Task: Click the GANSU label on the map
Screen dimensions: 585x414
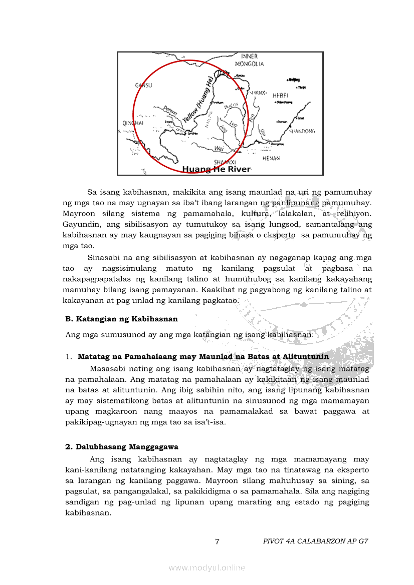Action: click(143, 86)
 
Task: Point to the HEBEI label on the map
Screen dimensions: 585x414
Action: click(280, 95)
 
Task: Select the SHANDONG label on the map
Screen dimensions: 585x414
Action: click(303, 131)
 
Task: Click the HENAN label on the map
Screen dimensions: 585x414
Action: click(271, 158)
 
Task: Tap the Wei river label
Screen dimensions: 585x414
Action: click(219, 149)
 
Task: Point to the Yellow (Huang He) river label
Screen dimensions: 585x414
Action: click(197, 100)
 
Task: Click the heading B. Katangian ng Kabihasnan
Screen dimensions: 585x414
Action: click(121, 319)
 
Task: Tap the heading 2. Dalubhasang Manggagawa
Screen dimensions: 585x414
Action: click(122, 447)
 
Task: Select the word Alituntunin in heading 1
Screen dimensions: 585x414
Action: click(306, 357)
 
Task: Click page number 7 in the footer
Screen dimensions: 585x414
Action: click(217, 541)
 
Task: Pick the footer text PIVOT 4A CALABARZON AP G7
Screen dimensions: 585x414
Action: click(315, 541)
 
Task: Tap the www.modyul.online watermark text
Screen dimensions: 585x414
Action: click(207, 567)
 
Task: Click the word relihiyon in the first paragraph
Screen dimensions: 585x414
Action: click(354, 214)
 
